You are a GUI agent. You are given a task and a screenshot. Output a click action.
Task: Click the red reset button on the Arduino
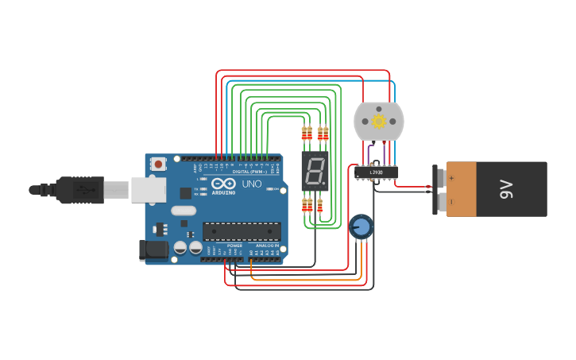coord(159,165)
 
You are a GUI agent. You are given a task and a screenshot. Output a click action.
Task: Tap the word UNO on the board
coord(251,184)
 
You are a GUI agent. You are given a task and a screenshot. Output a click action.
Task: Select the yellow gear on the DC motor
coord(378,122)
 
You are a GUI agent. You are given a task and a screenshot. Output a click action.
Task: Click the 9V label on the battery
coord(505,189)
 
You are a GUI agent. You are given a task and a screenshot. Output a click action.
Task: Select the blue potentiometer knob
coord(361,227)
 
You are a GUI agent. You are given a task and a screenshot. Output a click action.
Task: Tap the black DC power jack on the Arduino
coord(153,252)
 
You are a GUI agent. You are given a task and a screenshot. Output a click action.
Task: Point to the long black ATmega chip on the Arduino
coord(241,231)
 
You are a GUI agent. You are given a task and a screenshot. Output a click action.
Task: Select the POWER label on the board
coord(234,246)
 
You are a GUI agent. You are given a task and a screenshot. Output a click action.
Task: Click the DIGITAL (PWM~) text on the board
coord(249,171)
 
